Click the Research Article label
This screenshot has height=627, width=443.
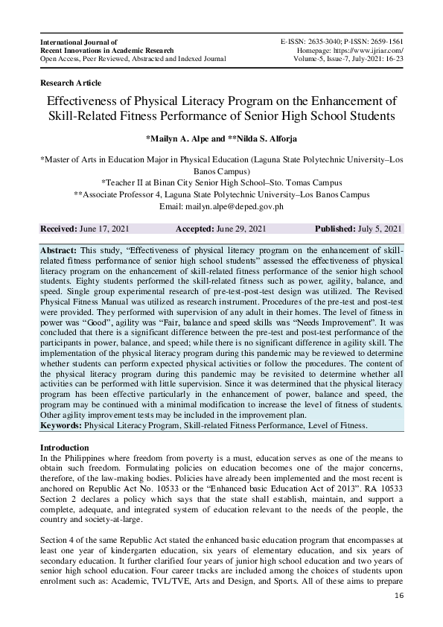[70, 83]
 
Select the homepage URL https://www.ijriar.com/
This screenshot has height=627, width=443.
[365, 51]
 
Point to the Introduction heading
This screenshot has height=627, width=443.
[69, 447]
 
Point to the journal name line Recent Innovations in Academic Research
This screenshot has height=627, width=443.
[106, 51]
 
